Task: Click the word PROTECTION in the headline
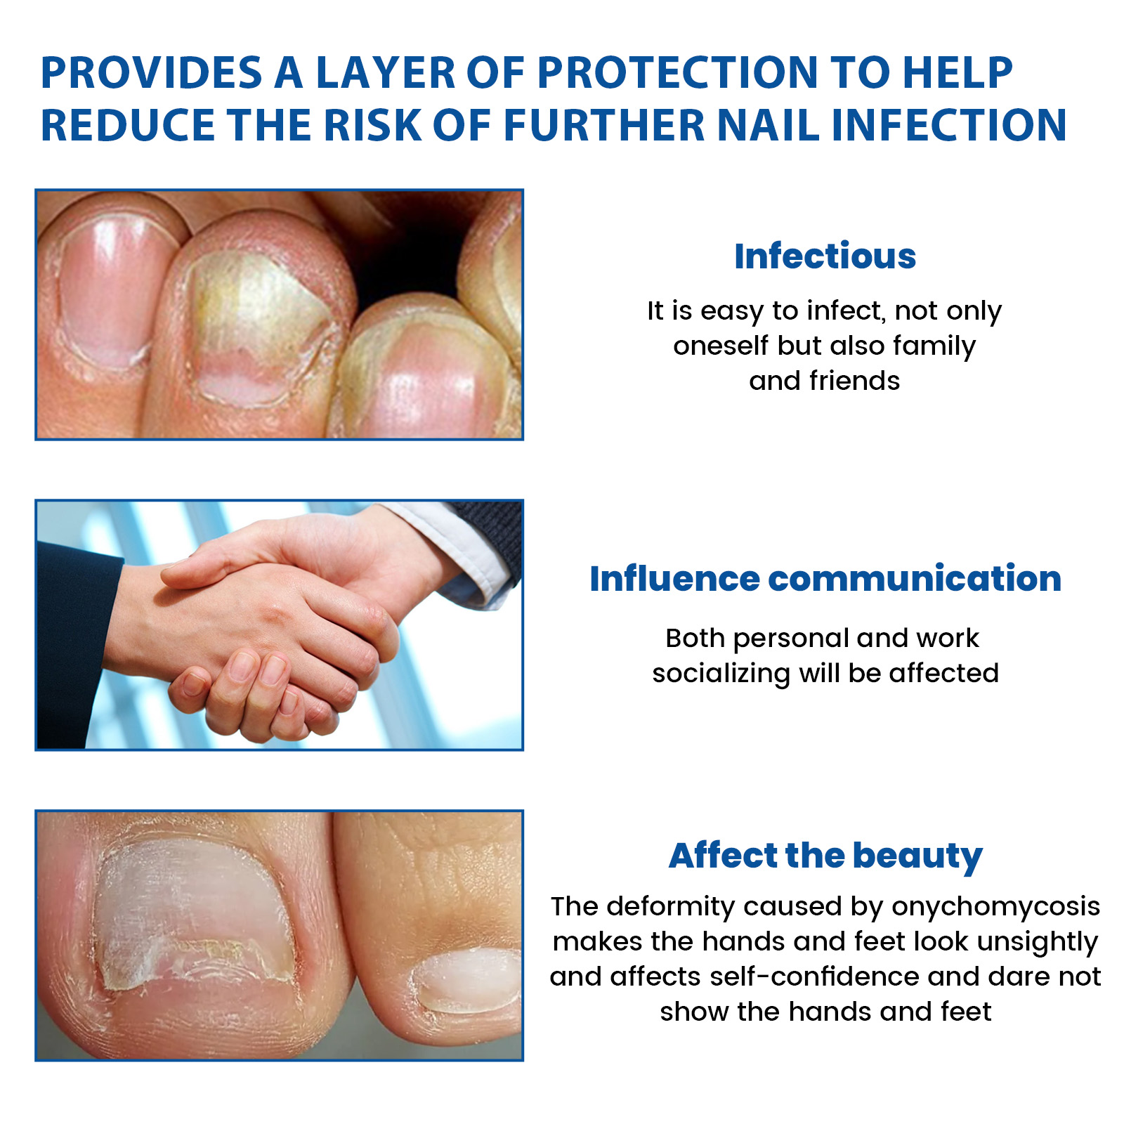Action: coord(677,72)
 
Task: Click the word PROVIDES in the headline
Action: coord(151,72)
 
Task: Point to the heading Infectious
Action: coord(825,256)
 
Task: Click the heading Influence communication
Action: coord(825,579)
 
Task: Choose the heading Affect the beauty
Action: coord(825,856)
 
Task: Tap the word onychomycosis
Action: coord(995,907)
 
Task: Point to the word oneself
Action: coord(721,346)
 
